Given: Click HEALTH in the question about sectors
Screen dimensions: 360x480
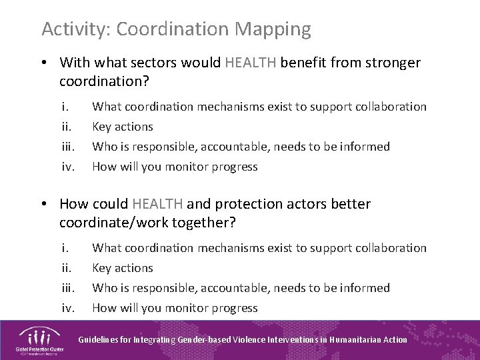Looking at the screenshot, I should [251, 63].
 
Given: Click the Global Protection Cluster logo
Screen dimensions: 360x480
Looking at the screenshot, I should [40, 340].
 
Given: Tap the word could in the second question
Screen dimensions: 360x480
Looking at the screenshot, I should [110, 204].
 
